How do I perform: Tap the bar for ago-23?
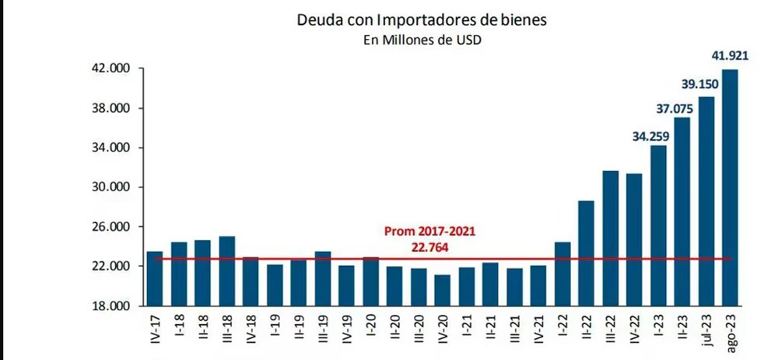coord(731,187)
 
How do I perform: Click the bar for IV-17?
coord(155,278)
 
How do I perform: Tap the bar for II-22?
coord(586,253)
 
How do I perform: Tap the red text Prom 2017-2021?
coord(429,232)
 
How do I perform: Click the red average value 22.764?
coord(429,246)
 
